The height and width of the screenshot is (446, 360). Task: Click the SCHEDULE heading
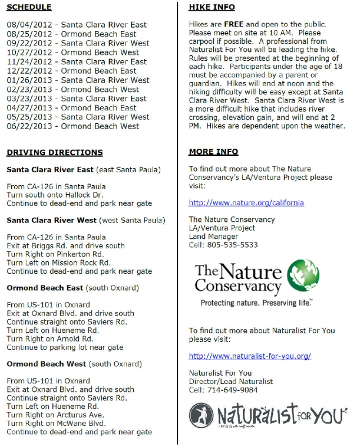pyautogui.click(x=29, y=7)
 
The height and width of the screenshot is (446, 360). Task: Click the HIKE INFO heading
pyautogui.click(x=212, y=7)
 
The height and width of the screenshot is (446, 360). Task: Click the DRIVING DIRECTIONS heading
pyautogui.click(x=55, y=153)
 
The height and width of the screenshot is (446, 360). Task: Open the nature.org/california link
pyautogui.click(x=246, y=203)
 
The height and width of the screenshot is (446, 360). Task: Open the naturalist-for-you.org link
pyautogui.click(x=250, y=356)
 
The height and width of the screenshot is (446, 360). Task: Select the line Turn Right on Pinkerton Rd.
pyautogui.click(x=56, y=255)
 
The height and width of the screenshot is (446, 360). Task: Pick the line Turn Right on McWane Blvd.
pyautogui.click(x=57, y=423)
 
